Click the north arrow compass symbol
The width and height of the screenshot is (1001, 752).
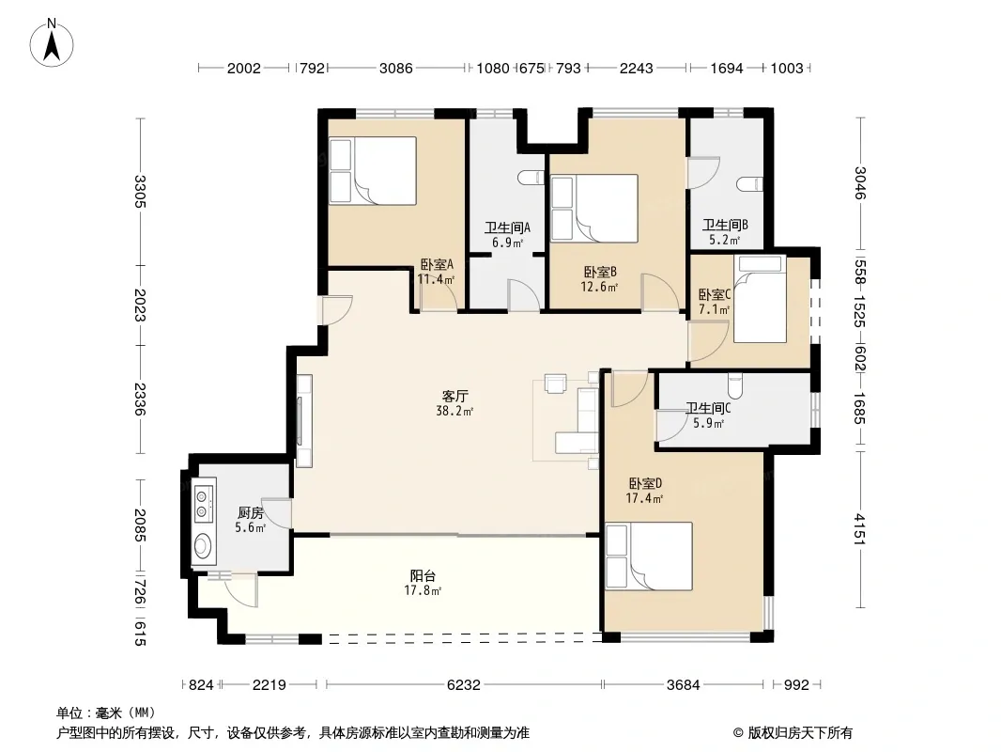coord(52,43)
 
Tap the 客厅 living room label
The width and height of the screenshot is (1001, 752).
coord(454,396)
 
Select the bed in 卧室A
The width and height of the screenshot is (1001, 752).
coord(373,171)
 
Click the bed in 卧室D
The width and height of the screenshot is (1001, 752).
coord(649,556)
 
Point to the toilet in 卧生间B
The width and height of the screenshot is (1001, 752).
coord(749,184)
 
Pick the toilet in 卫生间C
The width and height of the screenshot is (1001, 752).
coord(735,386)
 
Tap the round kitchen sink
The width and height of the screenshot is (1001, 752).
coord(203,545)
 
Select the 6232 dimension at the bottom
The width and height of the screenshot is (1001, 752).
coord(464,685)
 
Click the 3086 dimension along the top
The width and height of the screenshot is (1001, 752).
coord(396,68)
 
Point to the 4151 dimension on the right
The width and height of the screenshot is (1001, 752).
coord(860,529)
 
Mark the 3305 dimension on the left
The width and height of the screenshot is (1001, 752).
coord(141,192)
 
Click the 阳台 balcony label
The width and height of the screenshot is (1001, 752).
coord(423,575)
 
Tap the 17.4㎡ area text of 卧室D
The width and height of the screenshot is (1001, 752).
coord(643,498)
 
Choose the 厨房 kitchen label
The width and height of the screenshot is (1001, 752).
coord(250,512)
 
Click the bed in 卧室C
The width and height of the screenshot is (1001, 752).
coord(760,299)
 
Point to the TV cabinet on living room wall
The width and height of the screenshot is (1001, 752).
coord(304,420)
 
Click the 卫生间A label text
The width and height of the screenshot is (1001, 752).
coord(507,227)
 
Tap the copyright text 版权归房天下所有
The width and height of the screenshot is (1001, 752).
coord(800,733)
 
